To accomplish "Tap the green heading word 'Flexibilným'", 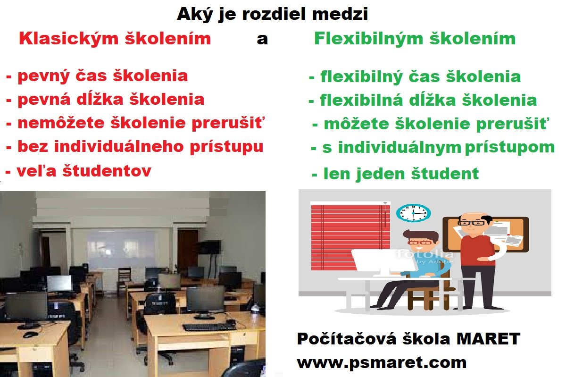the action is [x=369, y=39].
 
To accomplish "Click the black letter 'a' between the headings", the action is [x=262, y=40].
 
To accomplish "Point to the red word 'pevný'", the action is [x=43, y=76].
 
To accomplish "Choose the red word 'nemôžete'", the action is [x=61, y=123].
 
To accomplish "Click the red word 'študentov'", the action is [x=107, y=171].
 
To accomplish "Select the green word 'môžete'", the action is [x=356, y=124].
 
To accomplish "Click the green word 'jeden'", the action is [x=380, y=174].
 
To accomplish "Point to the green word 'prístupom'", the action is [x=510, y=148].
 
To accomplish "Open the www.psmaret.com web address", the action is [x=382, y=363].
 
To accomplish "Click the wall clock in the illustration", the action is [x=413, y=213].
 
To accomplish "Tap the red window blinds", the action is [x=350, y=238].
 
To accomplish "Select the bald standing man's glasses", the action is [x=472, y=223].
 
